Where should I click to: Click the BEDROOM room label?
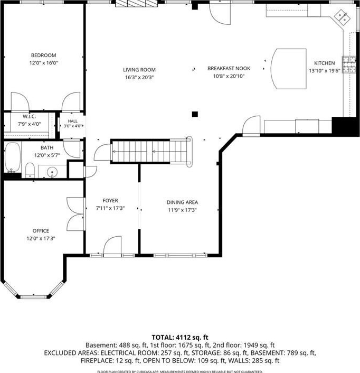43,55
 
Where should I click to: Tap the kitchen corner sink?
342,17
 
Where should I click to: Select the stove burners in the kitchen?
349,64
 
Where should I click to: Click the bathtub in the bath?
12,157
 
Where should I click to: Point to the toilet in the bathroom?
30,170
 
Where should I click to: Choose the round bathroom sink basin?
52,171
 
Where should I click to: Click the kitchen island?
289,69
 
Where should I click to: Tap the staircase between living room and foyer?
151,151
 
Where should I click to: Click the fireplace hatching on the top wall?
136,4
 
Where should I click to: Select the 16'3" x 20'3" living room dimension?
139,77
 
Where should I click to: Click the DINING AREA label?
182,202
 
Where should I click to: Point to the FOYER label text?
110,201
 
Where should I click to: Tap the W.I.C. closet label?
29,117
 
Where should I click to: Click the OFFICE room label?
41,231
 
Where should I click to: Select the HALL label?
72,121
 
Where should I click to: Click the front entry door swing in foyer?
112,245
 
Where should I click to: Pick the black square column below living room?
195,114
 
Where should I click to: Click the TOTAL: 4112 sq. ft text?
180,337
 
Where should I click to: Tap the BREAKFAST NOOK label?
229,69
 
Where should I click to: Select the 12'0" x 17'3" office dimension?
41,238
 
